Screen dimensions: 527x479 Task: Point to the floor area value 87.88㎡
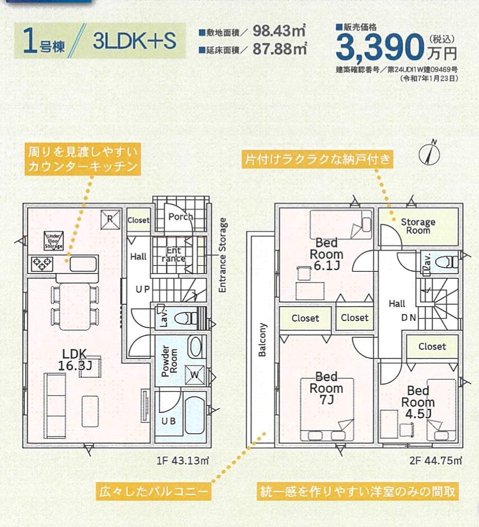pyautogui.click(x=280, y=49)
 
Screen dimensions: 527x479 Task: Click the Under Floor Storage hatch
pyautogui.click(x=53, y=240)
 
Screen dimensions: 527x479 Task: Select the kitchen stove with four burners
pyautogui.click(x=40, y=263)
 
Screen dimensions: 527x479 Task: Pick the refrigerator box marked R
pyautogui.click(x=110, y=218)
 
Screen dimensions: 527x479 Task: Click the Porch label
pyautogui.click(x=180, y=217)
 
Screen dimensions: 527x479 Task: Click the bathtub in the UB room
pyautogui.click(x=195, y=415)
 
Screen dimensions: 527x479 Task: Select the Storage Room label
pyautogui.click(x=418, y=226)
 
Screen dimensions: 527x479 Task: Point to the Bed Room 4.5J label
pyautogui.click(x=418, y=402)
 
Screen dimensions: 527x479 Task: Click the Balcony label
pyautogui.click(x=263, y=340)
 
